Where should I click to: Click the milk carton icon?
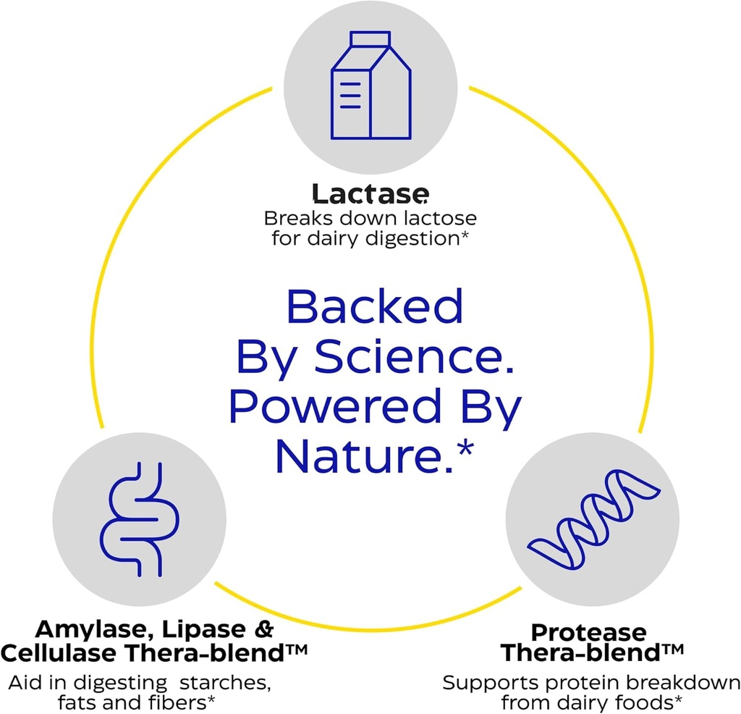370,85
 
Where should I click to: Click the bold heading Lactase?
370,194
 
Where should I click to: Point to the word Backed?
374,308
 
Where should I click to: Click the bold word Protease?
588,633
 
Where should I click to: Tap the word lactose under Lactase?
439,218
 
